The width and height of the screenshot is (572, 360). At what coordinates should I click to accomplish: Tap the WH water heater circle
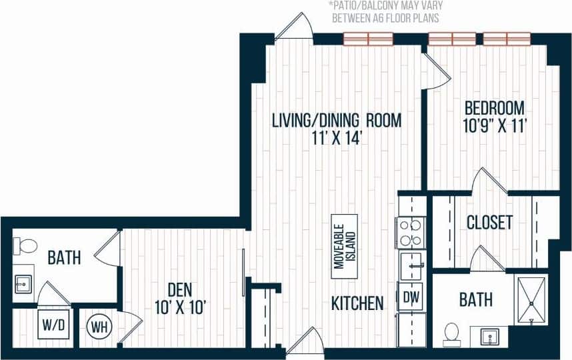[x=97, y=326]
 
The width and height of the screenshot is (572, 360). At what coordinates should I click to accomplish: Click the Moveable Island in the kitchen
[x=344, y=246]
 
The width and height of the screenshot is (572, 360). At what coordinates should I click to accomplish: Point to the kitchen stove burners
[x=411, y=233]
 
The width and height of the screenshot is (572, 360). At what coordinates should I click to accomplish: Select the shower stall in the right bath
[x=531, y=300]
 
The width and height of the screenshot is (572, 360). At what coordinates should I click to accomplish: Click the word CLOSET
[x=489, y=222]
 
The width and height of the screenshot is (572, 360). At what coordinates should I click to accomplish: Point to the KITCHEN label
[x=357, y=303]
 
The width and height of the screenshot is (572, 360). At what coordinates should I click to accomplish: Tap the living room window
[x=368, y=39]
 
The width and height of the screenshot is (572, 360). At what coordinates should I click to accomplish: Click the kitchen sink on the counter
[x=411, y=265]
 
